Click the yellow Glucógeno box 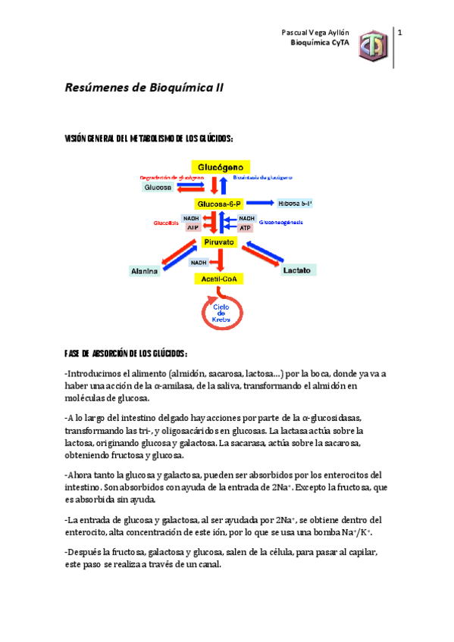[220, 167]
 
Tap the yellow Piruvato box [219, 242]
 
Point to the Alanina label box [143, 270]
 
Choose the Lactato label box [296, 270]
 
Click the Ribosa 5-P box [296, 204]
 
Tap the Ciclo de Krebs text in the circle [221, 312]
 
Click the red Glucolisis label [165, 223]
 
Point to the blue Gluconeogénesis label [280, 223]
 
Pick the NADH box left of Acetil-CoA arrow [199, 263]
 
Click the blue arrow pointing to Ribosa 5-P [260, 204]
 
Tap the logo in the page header [373, 45]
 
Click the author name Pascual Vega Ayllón [312, 33]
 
